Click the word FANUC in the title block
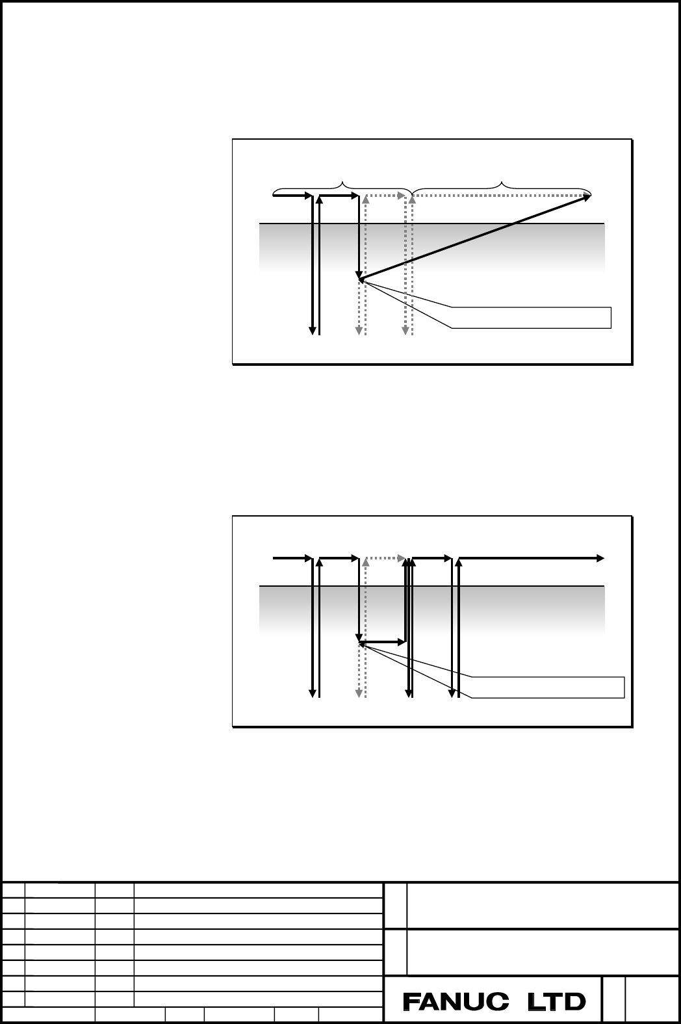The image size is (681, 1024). (456, 1002)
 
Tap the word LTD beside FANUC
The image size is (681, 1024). (557, 1002)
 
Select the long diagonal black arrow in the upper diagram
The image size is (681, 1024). (475, 237)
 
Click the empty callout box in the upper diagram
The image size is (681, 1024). (532, 318)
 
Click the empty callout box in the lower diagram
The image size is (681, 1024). (548, 687)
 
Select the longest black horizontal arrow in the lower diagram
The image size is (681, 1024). (532, 558)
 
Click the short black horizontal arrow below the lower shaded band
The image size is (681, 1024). (383, 643)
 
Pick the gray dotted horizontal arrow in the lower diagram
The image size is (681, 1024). (385, 558)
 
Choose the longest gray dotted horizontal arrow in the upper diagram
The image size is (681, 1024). (501, 196)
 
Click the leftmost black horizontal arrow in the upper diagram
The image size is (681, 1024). (292, 196)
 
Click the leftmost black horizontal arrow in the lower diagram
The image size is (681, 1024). (292, 558)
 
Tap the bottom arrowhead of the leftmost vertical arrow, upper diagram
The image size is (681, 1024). (313, 331)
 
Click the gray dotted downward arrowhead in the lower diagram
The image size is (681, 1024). (359, 693)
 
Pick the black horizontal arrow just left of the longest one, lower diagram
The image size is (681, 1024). (432, 558)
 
